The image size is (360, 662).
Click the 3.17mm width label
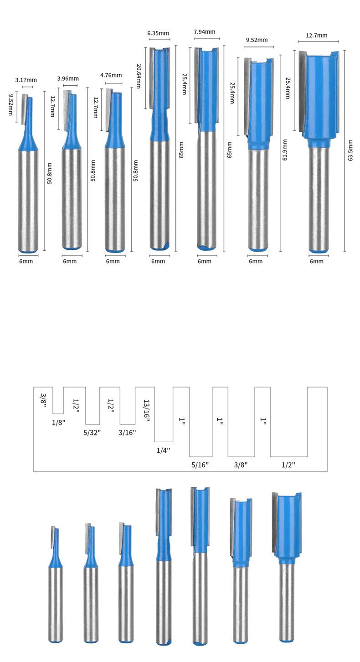(x=26, y=80)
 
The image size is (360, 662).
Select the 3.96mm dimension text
(x=68, y=78)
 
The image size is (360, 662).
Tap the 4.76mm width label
(x=111, y=75)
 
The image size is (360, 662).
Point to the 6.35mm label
(x=158, y=33)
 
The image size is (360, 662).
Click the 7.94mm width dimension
(x=204, y=32)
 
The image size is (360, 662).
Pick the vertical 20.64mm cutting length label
(x=139, y=76)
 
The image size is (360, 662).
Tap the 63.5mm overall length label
(x=350, y=150)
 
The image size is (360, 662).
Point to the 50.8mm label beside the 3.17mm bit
(x=49, y=173)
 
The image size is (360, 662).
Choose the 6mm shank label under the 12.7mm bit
(x=316, y=261)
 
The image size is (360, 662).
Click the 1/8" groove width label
(x=59, y=422)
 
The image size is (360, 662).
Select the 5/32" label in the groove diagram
(x=93, y=432)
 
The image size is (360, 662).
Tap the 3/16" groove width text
(x=127, y=432)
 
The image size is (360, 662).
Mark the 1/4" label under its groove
(x=163, y=450)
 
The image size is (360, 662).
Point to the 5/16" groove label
(x=200, y=465)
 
